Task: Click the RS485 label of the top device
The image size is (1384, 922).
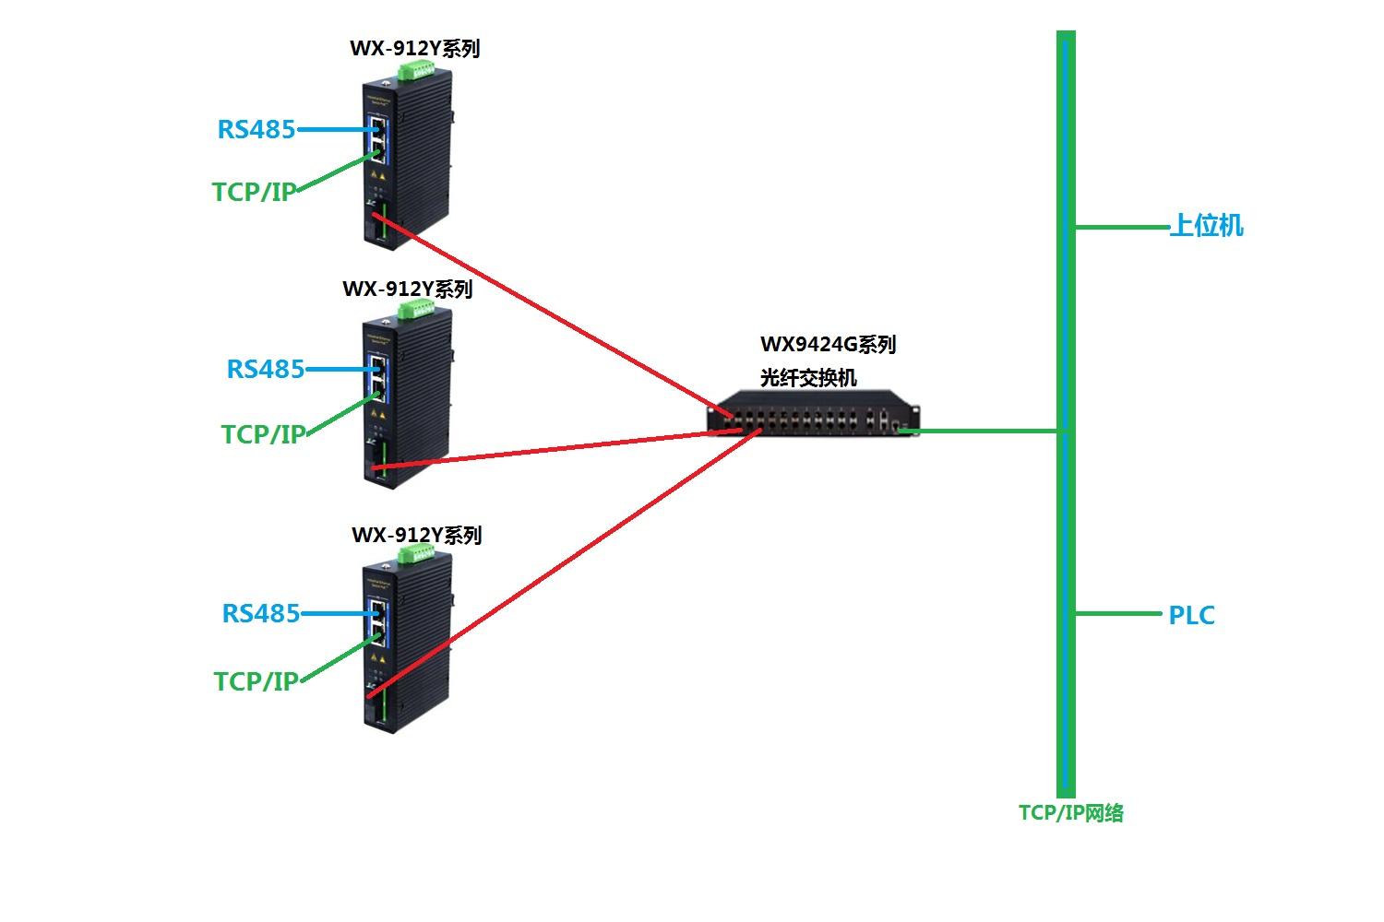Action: (x=257, y=130)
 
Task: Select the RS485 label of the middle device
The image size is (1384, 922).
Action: (x=266, y=370)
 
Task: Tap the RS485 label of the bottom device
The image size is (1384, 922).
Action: (x=261, y=614)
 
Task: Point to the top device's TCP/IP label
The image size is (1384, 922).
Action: (x=254, y=192)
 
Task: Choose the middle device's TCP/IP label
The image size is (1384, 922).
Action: (x=264, y=434)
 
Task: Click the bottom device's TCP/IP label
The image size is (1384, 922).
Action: (x=257, y=681)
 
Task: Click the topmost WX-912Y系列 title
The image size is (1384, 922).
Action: (x=414, y=48)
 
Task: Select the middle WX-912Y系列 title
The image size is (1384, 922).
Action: (x=408, y=289)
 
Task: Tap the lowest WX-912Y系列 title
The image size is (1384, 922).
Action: (x=416, y=535)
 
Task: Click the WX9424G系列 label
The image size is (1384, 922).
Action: (x=828, y=344)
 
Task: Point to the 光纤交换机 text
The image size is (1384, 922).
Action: (x=808, y=377)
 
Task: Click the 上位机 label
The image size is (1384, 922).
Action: (x=1207, y=225)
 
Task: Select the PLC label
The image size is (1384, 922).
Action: (x=1192, y=615)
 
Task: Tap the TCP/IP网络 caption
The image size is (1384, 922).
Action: (x=1070, y=812)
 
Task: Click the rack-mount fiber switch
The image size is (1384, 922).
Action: (x=814, y=413)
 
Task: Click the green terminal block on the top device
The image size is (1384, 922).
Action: (x=416, y=70)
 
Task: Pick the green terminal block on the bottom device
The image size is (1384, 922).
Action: (x=416, y=555)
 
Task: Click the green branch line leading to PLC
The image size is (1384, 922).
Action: (x=1118, y=614)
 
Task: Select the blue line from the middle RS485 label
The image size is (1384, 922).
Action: (x=342, y=370)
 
